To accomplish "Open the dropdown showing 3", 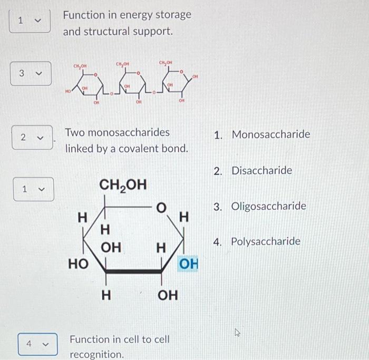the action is click(30, 73).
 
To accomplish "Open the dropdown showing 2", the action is click(31, 137).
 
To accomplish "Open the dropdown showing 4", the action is click(36, 344).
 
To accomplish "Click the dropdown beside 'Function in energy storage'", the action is click(30, 21).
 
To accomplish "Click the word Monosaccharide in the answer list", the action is click(271, 134).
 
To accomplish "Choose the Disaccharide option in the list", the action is click(261, 171).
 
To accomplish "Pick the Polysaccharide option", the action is click(266, 241).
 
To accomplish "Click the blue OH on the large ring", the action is click(189, 264).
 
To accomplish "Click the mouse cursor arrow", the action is click(238, 332).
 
